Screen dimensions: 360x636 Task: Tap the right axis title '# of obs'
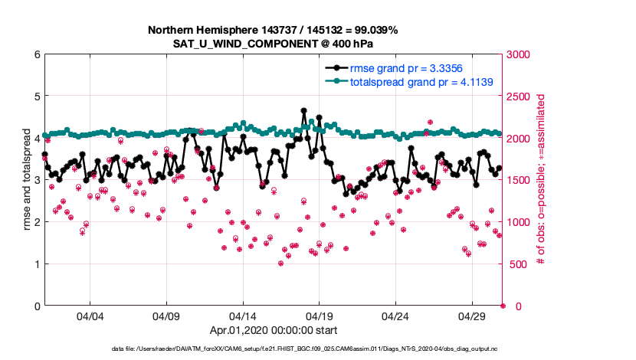tap(541, 180)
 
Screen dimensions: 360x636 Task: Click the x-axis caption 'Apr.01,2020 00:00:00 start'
tap(274, 332)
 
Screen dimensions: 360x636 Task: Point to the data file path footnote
tap(274, 349)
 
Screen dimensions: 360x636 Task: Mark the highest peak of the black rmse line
tap(304, 111)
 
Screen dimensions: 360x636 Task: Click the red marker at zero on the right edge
tap(503, 306)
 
